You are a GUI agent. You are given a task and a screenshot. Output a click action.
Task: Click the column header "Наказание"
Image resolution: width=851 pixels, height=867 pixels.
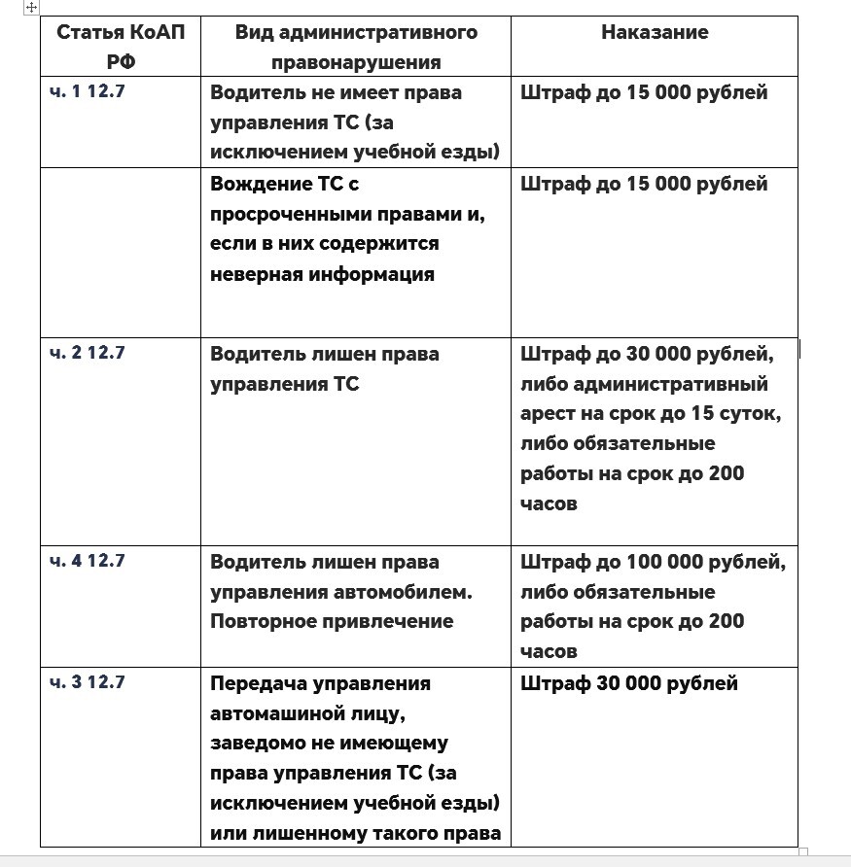[654, 32]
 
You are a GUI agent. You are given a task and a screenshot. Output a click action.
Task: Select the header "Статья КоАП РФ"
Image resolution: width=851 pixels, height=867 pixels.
[121, 47]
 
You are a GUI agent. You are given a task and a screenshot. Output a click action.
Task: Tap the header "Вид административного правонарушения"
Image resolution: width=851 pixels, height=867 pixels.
[356, 47]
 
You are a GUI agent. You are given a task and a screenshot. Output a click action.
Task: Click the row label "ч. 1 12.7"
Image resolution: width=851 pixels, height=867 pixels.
[88, 92]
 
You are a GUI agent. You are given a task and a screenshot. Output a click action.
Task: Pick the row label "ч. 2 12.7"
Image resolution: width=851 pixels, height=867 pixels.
[88, 353]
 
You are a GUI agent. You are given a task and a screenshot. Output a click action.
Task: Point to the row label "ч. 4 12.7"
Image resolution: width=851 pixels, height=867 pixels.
[88, 561]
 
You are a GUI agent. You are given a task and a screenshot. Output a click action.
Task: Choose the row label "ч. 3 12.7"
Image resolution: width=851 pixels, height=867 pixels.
[88, 682]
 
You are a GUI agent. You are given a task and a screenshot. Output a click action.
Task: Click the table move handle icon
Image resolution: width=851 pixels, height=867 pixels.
[31, 7]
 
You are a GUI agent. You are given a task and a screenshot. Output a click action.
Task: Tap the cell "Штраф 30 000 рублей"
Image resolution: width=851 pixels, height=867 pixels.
[629, 683]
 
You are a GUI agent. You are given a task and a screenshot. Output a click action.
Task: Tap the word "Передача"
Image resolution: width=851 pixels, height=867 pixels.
[255, 683]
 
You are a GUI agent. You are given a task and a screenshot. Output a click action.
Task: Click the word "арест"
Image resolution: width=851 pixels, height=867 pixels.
[547, 413]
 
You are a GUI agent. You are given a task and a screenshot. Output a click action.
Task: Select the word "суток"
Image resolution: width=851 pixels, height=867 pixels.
[750, 413]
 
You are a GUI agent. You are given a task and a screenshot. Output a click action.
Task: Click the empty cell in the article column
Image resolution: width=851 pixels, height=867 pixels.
[121, 253]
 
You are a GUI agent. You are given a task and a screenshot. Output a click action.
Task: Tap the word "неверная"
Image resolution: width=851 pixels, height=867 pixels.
[256, 274]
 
